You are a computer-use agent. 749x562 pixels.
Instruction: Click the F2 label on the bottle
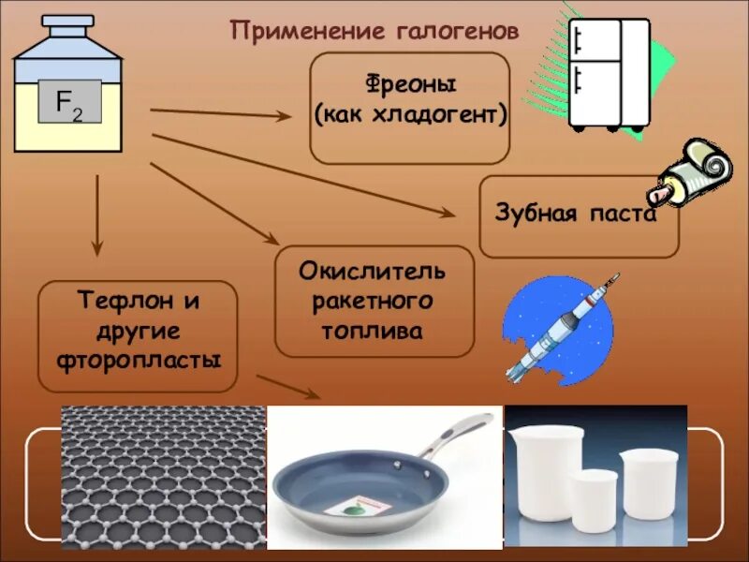tap(67, 102)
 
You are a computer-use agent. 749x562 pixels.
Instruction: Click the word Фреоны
tap(410, 85)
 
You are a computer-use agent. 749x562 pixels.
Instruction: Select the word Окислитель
tap(373, 271)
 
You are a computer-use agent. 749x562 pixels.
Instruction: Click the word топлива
tap(373, 331)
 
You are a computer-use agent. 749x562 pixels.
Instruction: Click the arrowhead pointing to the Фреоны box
tap(285, 116)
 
